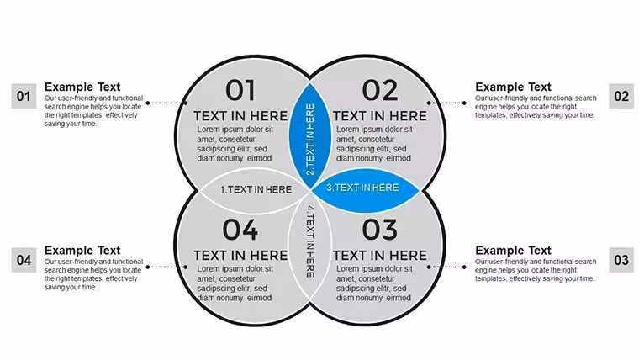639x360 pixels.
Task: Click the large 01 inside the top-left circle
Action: (x=240, y=90)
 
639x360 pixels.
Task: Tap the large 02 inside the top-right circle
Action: (x=380, y=90)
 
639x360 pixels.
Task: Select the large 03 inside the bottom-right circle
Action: (x=380, y=230)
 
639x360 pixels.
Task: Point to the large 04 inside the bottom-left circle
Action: (x=240, y=230)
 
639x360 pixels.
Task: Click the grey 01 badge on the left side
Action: (x=24, y=96)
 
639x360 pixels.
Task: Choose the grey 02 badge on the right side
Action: (x=621, y=96)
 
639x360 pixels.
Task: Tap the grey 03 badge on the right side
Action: (x=621, y=260)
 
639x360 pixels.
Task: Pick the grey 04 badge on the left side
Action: (x=24, y=260)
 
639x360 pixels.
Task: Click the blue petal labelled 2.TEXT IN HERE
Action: (x=310, y=136)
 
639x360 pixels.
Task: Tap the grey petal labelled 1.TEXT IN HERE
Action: (x=255, y=190)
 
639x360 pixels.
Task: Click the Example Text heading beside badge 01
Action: (x=82, y=87)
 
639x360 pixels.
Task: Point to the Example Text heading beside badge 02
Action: (x=513, y=87)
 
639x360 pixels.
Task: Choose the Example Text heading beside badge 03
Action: (x=513, y=251)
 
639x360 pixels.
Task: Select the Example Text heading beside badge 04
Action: (x=82, y=251)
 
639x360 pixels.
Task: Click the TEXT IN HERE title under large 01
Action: (x=240, y=116)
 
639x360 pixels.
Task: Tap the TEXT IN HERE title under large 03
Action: (x=380, y=255)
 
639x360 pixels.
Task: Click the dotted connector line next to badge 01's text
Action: (x=167, y=103)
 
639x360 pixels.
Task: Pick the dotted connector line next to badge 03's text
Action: (x=446, y=267)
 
